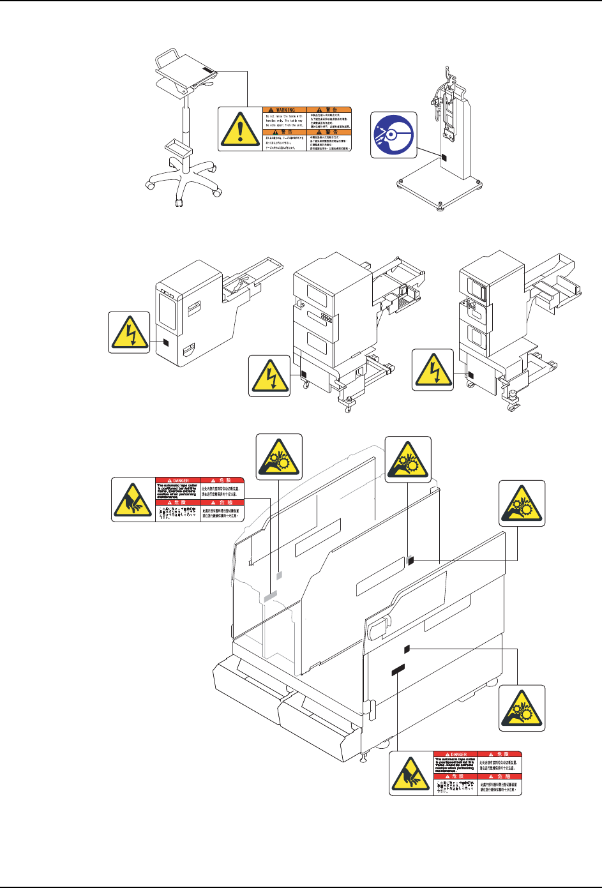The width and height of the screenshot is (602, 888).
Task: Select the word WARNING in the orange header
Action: pyautogui.click(x=285, y=110)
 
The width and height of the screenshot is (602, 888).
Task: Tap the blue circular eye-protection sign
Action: pyautogui.click(x=394, y=135)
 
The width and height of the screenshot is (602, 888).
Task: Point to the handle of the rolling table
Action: pyautogui.click(x=160, y=59)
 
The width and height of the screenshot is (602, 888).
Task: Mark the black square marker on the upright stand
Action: pyautogui.click(x=444, y=156)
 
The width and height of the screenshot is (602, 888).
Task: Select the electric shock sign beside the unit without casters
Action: pyautogui.click(x=129, y=332)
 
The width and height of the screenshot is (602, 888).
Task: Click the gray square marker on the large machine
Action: pyautogui.click(x=279, y=575)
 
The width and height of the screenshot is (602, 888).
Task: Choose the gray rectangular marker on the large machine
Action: pyautogui.click(x=270, y=596)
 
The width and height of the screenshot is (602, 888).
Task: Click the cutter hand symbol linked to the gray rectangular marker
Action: pyautogui.click(x=133, y=500)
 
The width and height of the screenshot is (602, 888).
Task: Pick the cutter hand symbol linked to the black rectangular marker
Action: pyautogui.click(x=411, y=774)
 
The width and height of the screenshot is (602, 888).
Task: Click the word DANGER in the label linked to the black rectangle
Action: pyautogui.click(x=458, y=755)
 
